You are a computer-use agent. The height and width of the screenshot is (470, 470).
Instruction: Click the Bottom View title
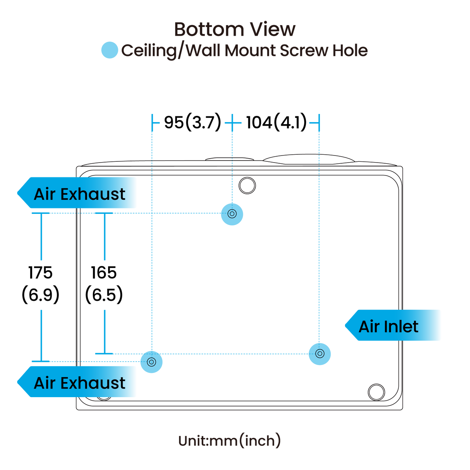(235, 29)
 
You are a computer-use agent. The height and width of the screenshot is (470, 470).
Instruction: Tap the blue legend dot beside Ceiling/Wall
(110, 50)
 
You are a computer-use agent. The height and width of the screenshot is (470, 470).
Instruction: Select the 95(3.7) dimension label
(192, 122)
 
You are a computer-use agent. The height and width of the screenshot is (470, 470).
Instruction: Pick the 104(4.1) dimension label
(277, 122)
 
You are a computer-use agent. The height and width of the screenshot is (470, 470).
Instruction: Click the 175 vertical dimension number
(40, 273)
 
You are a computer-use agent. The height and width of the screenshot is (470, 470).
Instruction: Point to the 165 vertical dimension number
(104, 273)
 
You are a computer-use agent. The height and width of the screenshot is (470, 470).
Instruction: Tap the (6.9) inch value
(40, 295)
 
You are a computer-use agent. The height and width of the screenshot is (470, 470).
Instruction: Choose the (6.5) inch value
(104, 295)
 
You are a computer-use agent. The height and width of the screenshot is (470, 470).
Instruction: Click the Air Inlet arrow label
(393, 325)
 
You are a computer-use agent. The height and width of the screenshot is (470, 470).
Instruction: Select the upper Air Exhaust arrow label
(77, 193)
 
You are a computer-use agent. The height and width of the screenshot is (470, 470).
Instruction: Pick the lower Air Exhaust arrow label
(77, 382)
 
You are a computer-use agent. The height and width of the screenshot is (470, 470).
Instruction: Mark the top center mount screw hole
(232, 214)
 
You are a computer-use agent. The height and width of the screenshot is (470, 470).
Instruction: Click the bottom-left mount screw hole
(152, 362)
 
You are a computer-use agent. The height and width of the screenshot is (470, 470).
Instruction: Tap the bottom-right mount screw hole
(320, 354)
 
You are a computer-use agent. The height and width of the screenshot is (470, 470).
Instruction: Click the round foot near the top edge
(247, 185)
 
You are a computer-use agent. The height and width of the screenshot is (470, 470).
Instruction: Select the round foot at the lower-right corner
(376, 392)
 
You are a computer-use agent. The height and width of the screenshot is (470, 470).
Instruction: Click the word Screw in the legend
(304, 51)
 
